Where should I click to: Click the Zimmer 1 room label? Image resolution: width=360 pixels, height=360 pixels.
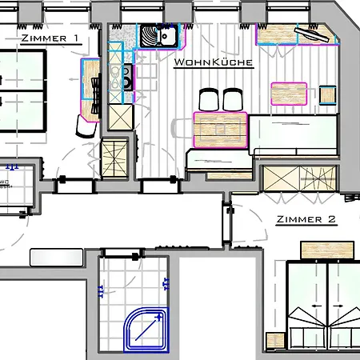click(50, 38)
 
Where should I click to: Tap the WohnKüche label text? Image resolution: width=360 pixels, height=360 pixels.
click(214, 62)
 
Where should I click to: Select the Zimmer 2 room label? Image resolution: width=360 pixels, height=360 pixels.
click(306, 219)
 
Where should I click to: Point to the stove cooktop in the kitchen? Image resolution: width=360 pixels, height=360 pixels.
click(127, 78)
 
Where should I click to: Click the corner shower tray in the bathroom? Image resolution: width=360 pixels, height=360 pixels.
click(146, 330)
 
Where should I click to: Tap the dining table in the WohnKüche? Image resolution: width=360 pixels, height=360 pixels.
click(220, 130)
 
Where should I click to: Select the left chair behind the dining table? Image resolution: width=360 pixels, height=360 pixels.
click(209, 99)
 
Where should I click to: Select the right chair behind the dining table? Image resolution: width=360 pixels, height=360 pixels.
click(233, 99)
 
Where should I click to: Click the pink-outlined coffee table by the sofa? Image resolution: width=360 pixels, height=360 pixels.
click(289, 94)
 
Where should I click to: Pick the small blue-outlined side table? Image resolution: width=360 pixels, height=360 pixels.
click(327, 95)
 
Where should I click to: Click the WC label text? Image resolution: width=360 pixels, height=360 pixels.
click(5, 182)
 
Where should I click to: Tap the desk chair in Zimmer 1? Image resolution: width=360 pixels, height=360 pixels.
click(86, 126)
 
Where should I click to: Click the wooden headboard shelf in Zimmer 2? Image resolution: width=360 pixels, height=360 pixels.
click(327, 250)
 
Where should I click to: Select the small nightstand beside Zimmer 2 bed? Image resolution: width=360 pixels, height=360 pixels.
click(275, 340)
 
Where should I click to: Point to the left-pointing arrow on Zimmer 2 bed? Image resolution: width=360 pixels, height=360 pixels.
click(316, 306)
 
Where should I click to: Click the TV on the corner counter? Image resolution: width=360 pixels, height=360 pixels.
click(312, 34)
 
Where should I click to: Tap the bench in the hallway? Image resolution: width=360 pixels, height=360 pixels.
click(57, 258)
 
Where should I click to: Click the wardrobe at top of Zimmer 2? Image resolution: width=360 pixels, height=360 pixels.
click(300, 178)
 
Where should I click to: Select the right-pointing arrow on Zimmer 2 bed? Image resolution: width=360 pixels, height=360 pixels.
click(338, 306)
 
